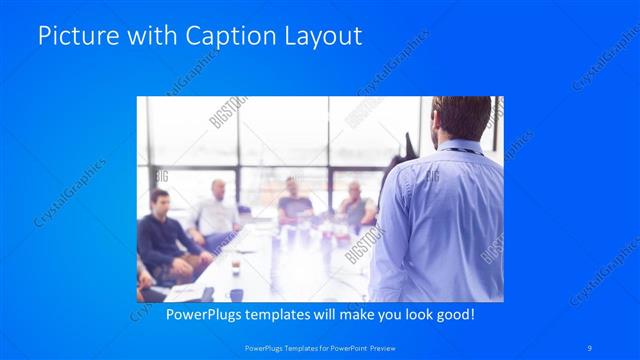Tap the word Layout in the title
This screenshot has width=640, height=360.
pyautogui.click(x=321, y=37)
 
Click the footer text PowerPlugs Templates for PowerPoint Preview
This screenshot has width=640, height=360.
pyautogui.click(x=319, y=348)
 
